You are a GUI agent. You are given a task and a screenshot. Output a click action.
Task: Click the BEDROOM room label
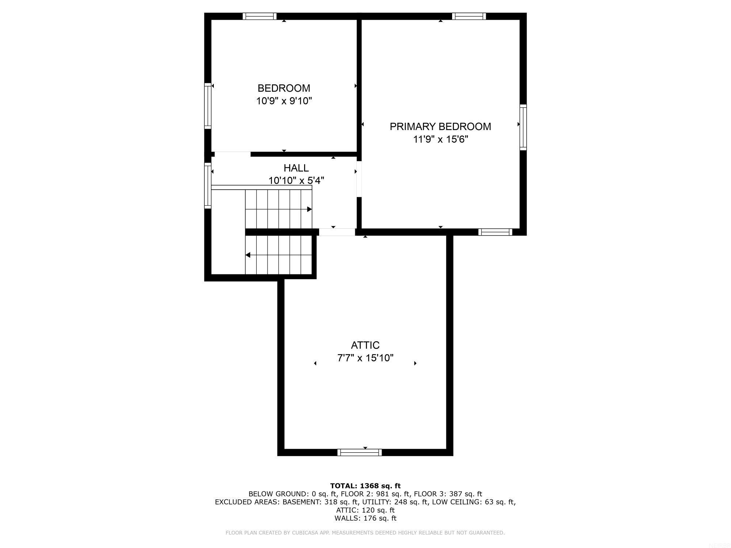284,88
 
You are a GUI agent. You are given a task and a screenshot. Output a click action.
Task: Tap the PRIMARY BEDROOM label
440,126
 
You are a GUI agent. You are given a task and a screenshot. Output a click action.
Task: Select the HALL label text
296,168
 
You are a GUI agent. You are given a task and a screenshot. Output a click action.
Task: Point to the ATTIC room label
365,345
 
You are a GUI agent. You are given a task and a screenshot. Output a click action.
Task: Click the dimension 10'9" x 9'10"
284,101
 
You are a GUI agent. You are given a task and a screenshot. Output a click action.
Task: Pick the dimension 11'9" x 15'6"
440,139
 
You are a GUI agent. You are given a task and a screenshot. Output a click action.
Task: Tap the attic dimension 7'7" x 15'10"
365,358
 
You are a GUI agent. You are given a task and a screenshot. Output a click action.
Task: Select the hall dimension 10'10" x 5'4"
296,180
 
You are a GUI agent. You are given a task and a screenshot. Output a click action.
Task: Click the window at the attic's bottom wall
359,453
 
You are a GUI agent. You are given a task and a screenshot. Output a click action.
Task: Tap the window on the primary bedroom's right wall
523,127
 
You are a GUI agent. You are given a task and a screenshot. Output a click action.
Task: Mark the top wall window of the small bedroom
260,16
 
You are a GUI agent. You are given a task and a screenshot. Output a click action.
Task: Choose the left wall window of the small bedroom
208,106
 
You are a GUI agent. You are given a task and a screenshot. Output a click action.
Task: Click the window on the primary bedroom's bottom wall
495,232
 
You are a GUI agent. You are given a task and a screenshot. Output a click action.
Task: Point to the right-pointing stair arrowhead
309,209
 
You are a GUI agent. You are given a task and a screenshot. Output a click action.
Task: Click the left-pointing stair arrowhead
248,255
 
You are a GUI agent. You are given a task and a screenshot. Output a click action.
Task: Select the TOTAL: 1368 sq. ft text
365,486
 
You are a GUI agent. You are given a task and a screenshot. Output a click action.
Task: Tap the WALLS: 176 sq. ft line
365,518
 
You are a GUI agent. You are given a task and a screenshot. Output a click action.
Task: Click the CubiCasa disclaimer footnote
365,533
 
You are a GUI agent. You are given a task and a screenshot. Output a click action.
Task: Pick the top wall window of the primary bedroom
469,16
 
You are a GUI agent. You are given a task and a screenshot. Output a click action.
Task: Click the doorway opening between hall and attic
337,232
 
